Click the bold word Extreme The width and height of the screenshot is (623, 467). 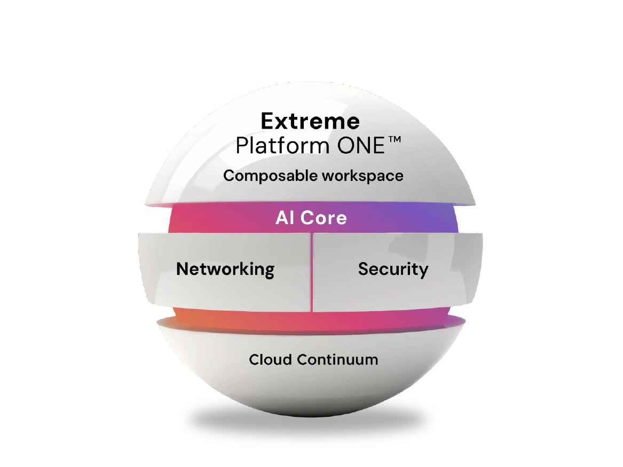click(310, 122)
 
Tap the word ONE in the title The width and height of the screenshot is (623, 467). click(359, 145)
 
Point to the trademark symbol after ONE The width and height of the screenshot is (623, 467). click(392, 140)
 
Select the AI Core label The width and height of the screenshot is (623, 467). click(311, 218)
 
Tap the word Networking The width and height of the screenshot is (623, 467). click(225, 269)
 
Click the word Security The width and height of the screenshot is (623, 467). click(393, 269)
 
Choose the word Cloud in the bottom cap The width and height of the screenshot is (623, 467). click(270, 359)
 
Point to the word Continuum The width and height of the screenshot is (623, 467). click(337, 359)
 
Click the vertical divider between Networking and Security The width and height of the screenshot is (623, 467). click(311, 272)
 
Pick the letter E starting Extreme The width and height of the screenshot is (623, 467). click(268, 122)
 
